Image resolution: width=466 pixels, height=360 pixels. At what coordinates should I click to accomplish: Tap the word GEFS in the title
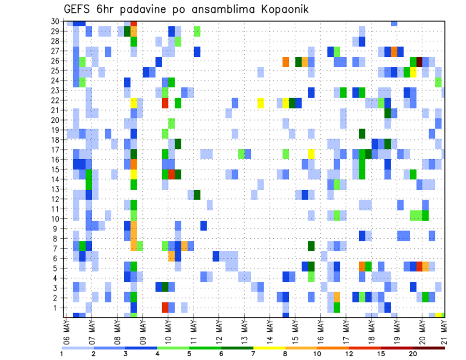(x=80, y=10)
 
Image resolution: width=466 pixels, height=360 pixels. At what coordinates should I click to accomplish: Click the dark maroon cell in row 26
(x=419, y=61)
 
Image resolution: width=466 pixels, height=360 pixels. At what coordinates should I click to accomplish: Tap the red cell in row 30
(x=133, y=23)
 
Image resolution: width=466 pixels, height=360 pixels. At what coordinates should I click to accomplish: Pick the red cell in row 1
(x=165, y=308)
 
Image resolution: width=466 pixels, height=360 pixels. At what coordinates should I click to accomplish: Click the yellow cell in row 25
(x=413, y=71)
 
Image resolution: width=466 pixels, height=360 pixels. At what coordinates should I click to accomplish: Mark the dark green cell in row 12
(x=197, y=195)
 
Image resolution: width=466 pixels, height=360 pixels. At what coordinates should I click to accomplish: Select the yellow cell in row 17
(x=311, y=153)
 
